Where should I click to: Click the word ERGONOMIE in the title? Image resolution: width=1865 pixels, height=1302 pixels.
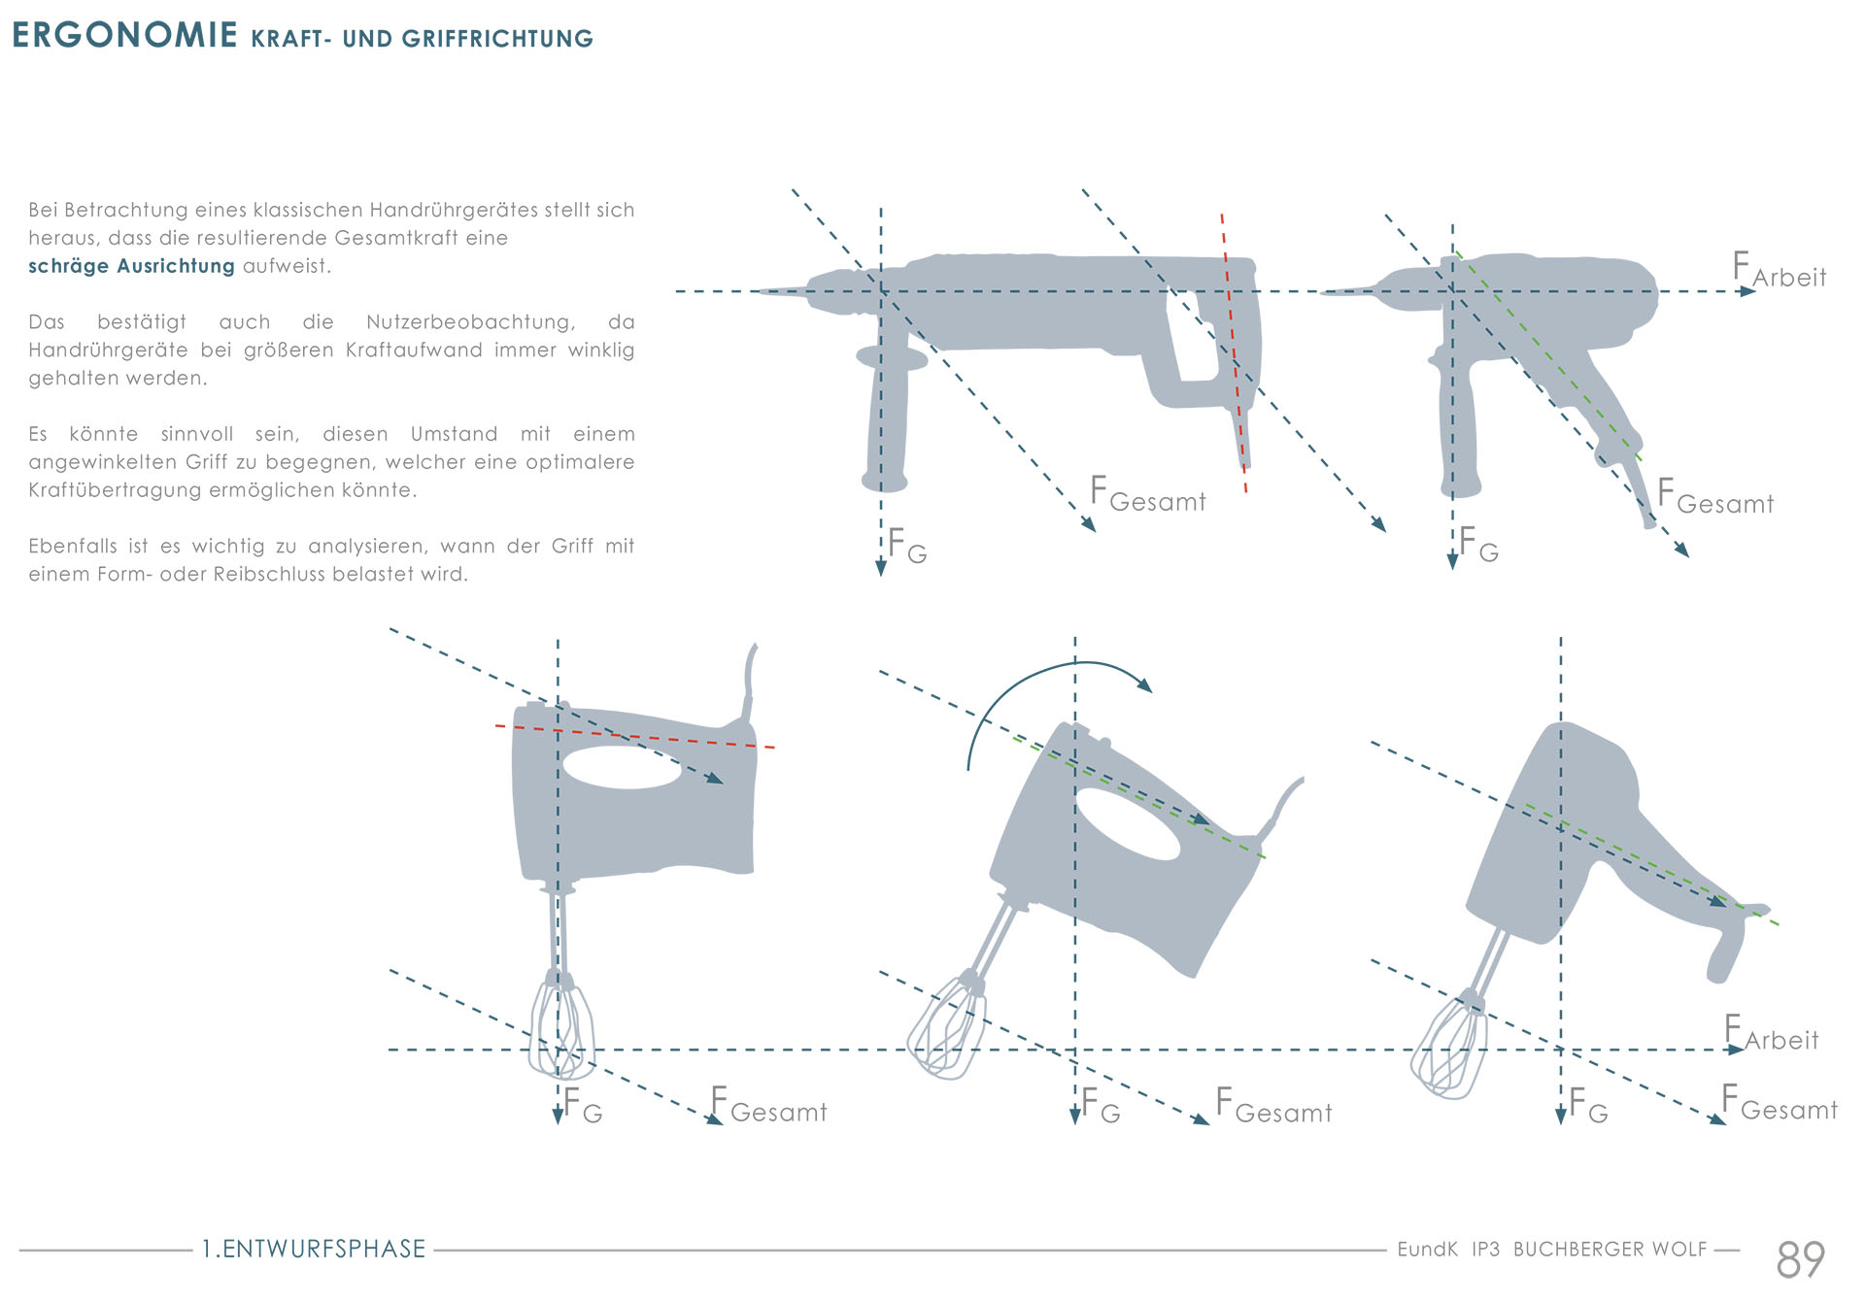tap(124, 35)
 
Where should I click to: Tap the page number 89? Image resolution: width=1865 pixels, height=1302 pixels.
tap(1800, 1259)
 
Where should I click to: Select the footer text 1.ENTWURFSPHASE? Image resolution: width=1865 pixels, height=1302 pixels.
tap(314, 1249)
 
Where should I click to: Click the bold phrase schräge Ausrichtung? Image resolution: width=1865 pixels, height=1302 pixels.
tap(131, 266)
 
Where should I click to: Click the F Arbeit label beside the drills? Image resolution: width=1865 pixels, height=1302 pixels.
tap(1779, 271)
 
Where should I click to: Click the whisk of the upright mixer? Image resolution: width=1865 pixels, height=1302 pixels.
tap(561, 1029)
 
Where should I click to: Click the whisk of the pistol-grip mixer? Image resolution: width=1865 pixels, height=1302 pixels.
tap(1450, 1049)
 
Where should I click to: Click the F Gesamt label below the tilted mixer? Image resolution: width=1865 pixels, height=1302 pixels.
tap(1273, 1107)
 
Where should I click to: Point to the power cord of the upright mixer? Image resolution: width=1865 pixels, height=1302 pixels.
tap(749, 680)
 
